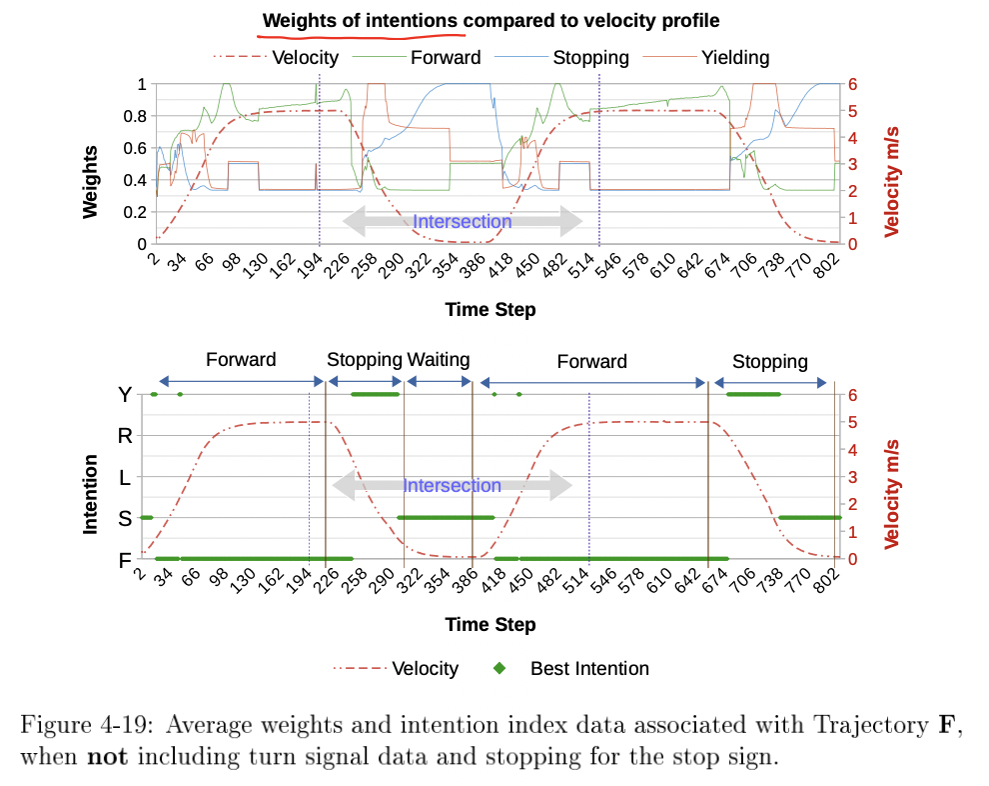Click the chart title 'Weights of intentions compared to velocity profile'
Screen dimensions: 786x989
coord(491,20)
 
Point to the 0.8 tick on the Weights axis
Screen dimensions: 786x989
coord(134,116)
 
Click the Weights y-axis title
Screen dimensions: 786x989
coord(91,181)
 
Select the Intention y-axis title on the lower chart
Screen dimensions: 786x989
coord(91,494)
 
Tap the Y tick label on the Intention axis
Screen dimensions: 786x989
coord(125,395)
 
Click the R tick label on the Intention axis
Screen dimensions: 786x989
coord(125,436)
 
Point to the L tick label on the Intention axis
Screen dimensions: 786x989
coord(125,478)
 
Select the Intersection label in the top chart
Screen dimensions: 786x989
coord(463,222)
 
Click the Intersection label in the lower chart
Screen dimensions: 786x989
coord(452,486)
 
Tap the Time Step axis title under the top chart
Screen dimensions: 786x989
coord(491,310)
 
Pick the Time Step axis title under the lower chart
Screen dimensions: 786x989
coord(491,625)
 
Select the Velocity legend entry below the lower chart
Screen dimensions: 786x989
coord(425,669)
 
